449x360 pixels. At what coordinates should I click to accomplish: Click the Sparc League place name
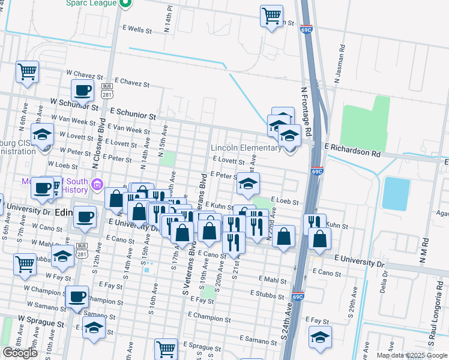point(91,3)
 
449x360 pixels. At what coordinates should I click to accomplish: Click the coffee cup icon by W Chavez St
point(82,91)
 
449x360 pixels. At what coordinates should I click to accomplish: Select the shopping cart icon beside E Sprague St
point(165,348)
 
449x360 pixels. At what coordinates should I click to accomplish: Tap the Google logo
point(20,353)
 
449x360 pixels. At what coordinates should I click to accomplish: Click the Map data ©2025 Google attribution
point(412,355)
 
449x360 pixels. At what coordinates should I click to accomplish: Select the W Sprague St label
point(41,323)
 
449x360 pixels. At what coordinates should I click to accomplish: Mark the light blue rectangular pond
point(394,194)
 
